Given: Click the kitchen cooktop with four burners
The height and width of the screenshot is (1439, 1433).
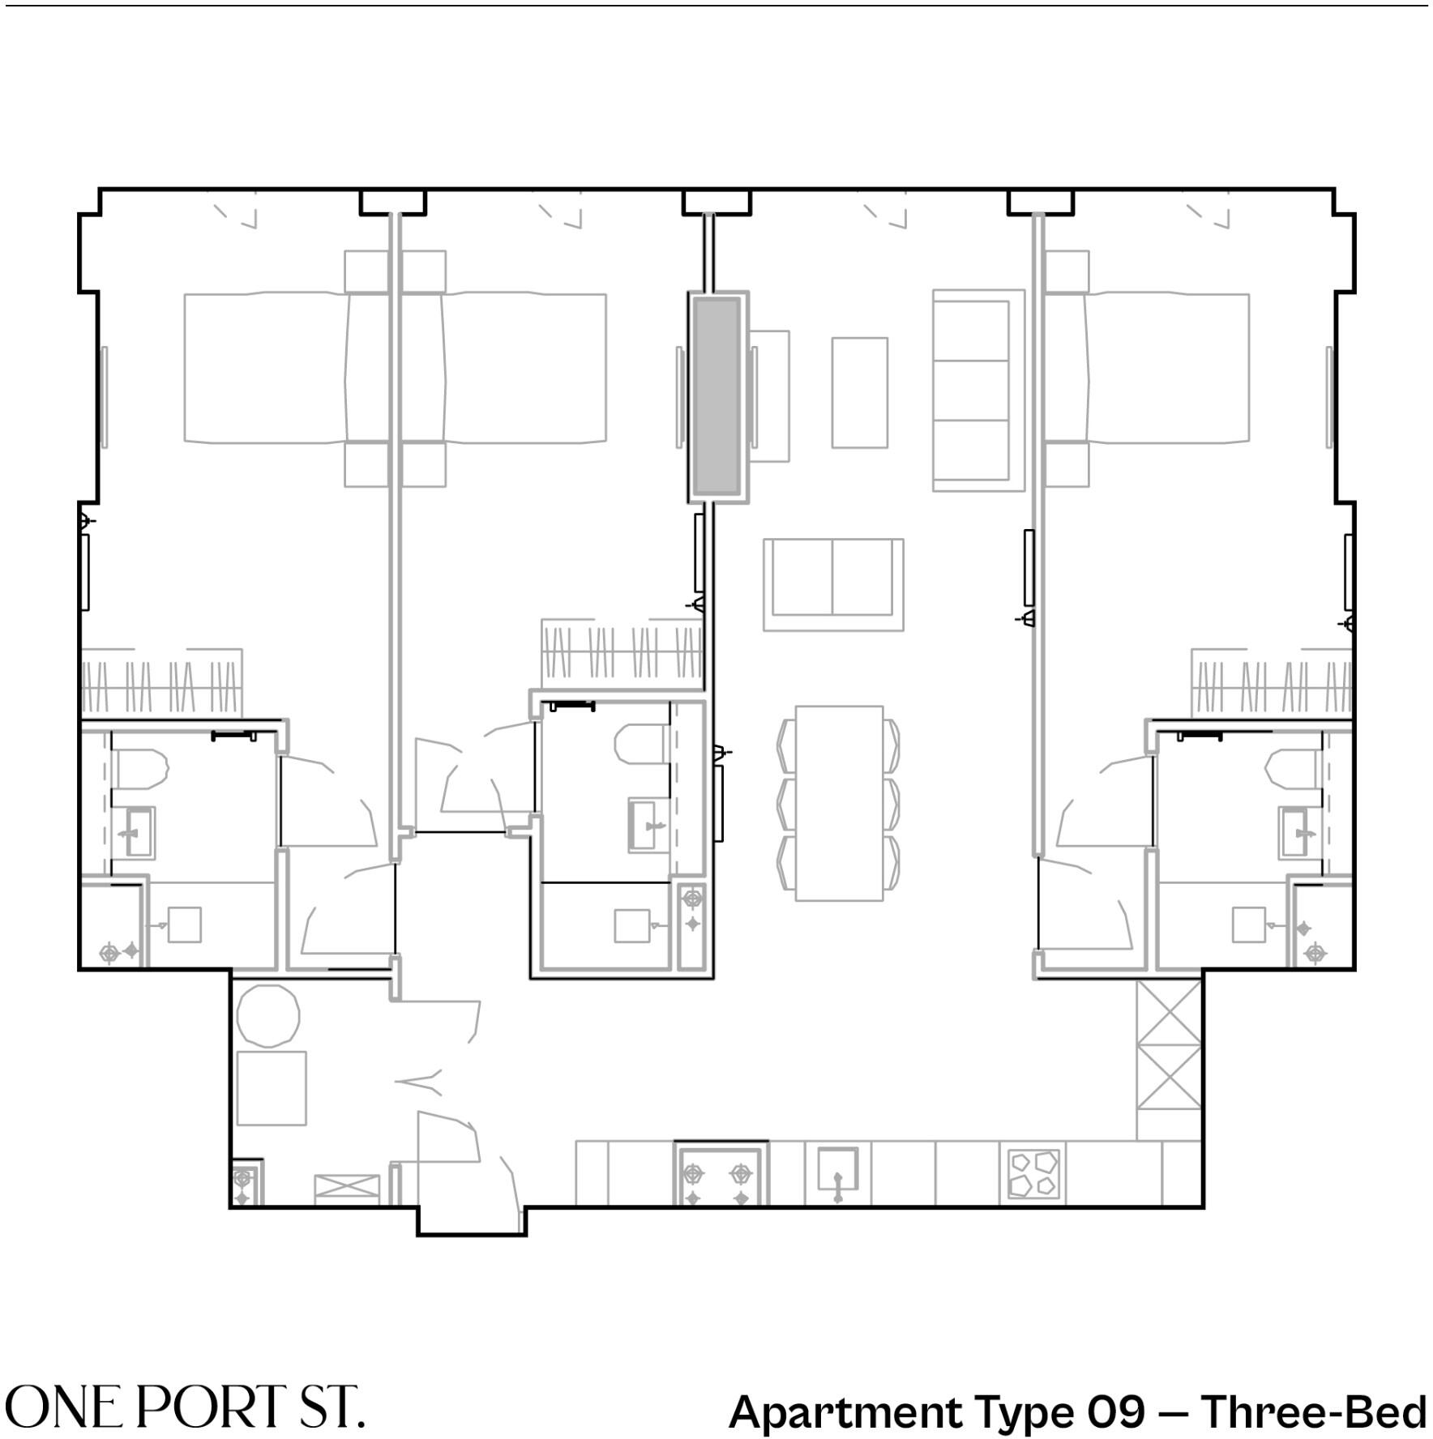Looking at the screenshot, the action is coord(1033,1174).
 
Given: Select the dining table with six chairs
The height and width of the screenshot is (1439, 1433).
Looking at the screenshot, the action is coord(838,803).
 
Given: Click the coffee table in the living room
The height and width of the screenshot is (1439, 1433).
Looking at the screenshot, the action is coord(859,392).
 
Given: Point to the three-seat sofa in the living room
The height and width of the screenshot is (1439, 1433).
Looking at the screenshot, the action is coord(978,390).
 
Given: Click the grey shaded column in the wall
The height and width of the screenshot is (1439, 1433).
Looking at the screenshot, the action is coord(716,396).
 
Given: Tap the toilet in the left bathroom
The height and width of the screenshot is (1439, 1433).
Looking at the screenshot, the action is coord(142,769).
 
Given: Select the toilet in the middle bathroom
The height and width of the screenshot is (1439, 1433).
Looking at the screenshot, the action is coord(640,743).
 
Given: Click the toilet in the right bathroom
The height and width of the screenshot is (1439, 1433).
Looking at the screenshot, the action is coord(1293,769).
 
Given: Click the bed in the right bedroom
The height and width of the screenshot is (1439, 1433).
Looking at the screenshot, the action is coord(1146,368).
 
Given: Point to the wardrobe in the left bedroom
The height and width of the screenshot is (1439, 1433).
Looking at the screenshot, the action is coord(162,682).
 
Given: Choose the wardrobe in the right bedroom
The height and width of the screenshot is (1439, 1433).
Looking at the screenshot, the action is coord(1271,682).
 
